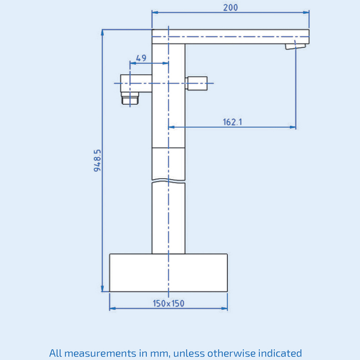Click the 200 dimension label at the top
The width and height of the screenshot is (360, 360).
pyautogui.click(x=230, y=7)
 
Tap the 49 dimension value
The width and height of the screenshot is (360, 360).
pyautogui.click(x=141, y=58)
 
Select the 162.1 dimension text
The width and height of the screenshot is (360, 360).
pyautogui.click(x=232, y=122)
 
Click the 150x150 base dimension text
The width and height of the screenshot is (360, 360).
pyautogui.click(x=168, y=303)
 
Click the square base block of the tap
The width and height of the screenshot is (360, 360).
pyautogui.click(x=168, y=273)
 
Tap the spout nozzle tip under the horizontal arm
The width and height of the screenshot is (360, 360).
pyautogui.click(x=295, y=46)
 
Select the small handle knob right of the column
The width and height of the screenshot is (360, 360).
pyautogui.click(x=197, y=83)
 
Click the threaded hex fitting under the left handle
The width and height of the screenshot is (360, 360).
pyautogui.click(x=130, y=98)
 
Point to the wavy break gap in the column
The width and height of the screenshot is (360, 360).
pyautogui.click(x=168, y=181)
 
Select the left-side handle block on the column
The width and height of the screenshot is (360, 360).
pyautogui.click(x=136, y=83)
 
